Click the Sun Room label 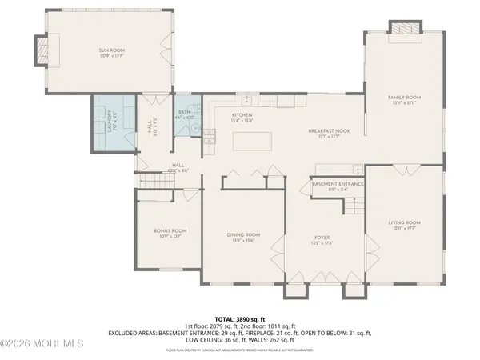112,50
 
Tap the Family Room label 404,97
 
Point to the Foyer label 322,238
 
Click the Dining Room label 241,234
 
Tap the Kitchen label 242,115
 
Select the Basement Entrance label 338,184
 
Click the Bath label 184,113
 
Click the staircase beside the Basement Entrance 352,206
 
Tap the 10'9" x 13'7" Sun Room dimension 112,57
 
